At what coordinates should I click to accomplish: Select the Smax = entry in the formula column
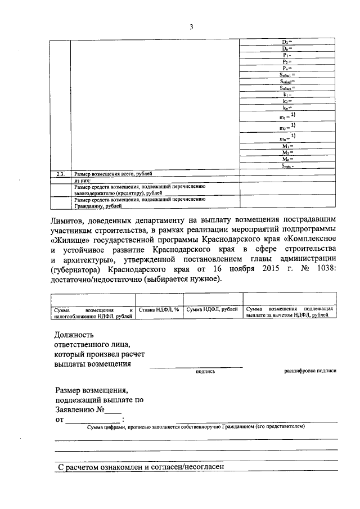(x=288, y=166)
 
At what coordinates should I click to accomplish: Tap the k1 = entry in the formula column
(x=287, y=95)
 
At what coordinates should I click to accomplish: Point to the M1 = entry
(x=287, y=146)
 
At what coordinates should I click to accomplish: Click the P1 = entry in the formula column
(x=287, y=56)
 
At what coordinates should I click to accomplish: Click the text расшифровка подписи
(x=310, y=371)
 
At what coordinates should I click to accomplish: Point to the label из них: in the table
(x=82, y=181)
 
